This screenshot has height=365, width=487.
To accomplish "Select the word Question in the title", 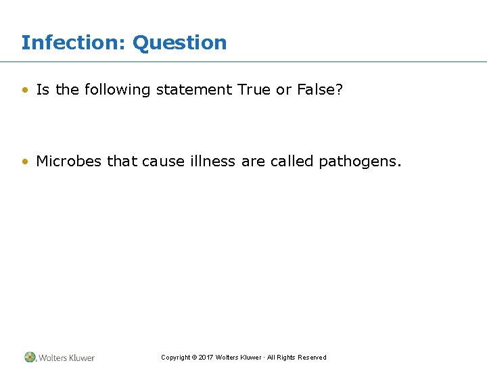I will pyautogui.click(x=180, y=43).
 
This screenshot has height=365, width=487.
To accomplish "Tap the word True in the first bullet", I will pyautogui.click(x=254, y=90).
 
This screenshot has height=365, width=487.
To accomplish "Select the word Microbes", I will pyautogui.click(x=69, y=162).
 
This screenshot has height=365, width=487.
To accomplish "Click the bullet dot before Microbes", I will pyautogui.click(x=25, y=162).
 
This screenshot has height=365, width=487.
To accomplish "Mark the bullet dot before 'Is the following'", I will pyautogui.click(x=25, y=90).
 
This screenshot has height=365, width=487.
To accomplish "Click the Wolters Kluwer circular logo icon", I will pyautogui.click(x=30, y=357).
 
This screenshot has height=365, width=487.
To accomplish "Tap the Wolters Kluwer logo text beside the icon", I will pyautogui.click(x=66, y=358).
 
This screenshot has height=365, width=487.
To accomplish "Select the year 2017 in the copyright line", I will pyautogui.click(x=206, y=358).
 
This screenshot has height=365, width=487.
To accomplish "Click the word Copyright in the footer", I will pyautogui.click(x=175, y=358).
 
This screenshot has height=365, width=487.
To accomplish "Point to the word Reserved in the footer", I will pyautogui.click(x=312, y=358).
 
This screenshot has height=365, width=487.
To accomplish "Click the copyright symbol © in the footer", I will pyautogui.click(x=194, y=358).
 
